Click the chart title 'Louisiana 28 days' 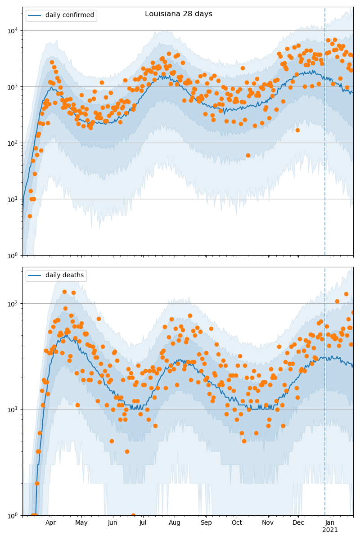[179, 14]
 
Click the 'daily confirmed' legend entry [69, 15]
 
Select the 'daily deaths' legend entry [64, 275]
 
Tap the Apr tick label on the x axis [51, 523]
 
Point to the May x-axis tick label [81, 523]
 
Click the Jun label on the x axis [112, 523]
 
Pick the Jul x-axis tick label [143, 523]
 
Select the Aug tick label [175, 523]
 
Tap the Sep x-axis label [206, 523]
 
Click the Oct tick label [237, 523]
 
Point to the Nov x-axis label [268, 523]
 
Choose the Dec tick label [298, 523]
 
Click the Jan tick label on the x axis [330, 523]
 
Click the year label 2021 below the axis [330, 530]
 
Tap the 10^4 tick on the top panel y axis [14, 30]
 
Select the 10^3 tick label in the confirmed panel [14, 86]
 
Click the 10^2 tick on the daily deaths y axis [14, 303]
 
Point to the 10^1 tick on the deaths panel [14, 409]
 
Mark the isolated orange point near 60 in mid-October [248, 155]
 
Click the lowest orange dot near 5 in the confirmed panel [30, 216]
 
